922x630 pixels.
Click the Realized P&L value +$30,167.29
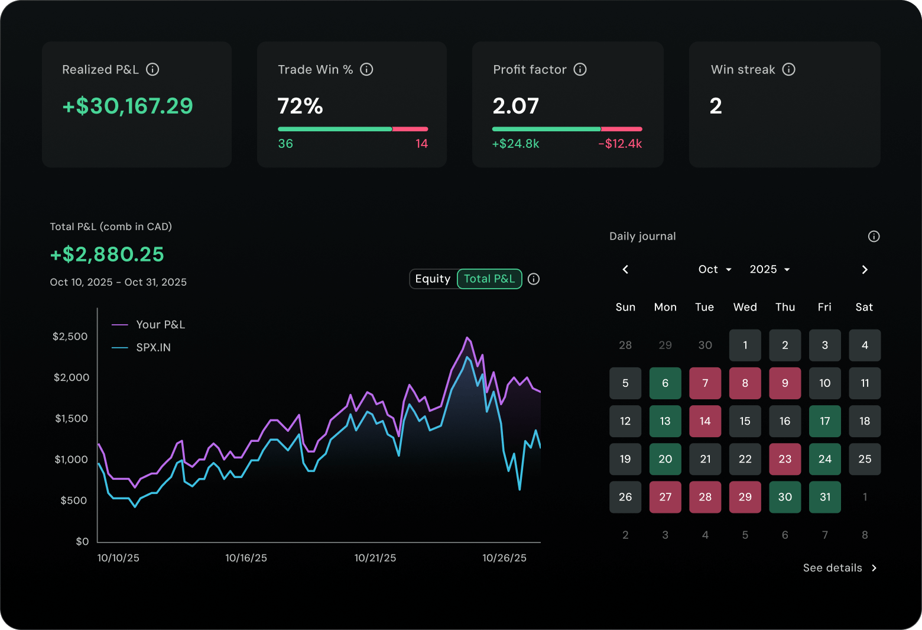pyautogui.click(x=128, y=106)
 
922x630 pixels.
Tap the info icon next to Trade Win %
pyautogui.click(x=366, y=69)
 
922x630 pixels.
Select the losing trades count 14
pyautogui.click(x=421, y=144)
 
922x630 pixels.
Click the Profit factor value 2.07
pyautogui.click(x=515, y=106)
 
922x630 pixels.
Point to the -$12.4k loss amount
pyautogui.click(x=620, y=144)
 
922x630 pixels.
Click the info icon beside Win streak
pyautogui.click(x=788, y=69)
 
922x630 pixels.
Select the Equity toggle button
pyautogui.click(x=433, y=279)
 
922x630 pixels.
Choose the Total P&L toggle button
pyautogui.click(x=489, y=279)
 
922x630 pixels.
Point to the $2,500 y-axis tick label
pyautogui.click(x=70, y=337)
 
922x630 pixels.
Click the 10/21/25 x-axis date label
pyautogui.click(x=375, y=558)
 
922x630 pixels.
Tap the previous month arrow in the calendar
pyautogui.click(x=625, y=270)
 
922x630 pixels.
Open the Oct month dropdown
pyautogui.click(x=715, y=270)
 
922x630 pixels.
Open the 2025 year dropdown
pyautogui.click(x=770, y=270)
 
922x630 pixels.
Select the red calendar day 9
pyautogui.click(x=785, y=383)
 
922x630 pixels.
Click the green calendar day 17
pyautogui.click(x=824, y=421)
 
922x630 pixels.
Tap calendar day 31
pyautogui.click(x=824, y=497)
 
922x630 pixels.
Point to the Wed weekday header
pyautogui.click(x=745, y=307)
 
